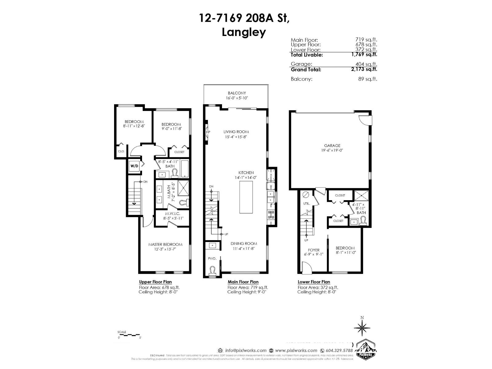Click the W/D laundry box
point(134,166)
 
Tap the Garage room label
point(332,146)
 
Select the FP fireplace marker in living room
point(208,132)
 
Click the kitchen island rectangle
point(246,197)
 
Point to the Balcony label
point(237,93)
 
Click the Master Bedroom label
point(165,244)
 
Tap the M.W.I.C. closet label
point(172,214)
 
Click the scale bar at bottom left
point(129,335)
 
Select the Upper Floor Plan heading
point(155,282)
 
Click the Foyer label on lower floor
point(314,250)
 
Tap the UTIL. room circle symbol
point(306,195)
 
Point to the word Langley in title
point(244,32)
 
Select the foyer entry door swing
point(306,266)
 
